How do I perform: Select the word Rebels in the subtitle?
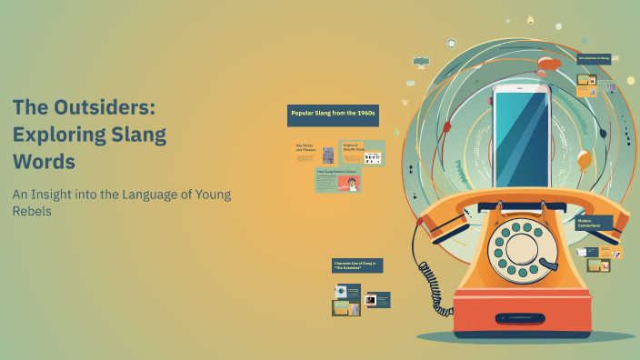pos(33,210)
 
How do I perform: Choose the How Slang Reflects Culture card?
pos(337,180)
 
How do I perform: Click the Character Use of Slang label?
pos(357,265)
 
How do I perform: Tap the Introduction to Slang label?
pos(595,58)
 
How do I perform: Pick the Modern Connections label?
pos(595,222)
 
